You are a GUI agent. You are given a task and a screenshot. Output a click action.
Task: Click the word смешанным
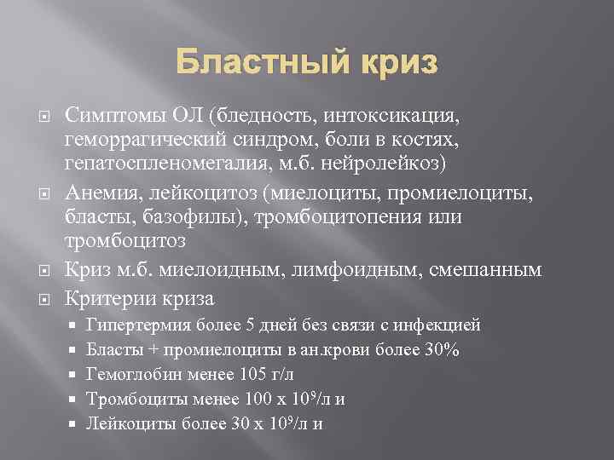[481, 271]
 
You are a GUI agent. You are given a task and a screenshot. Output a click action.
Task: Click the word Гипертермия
[135, 325]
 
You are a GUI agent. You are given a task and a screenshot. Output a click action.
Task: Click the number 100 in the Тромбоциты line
[256, 399]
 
